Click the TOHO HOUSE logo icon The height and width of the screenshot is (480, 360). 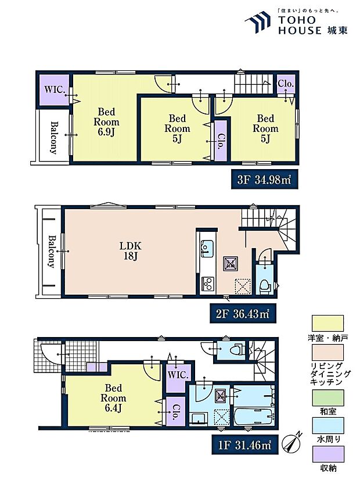(258, 22)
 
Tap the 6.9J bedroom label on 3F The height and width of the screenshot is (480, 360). (106, 122)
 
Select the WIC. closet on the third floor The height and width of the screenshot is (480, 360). (55, 89)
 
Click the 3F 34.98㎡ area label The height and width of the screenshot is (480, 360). (264, 180)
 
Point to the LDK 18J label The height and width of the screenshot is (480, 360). (130, 250)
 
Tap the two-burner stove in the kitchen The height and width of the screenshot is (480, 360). (208, 284)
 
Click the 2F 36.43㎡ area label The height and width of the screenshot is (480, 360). (243, 313)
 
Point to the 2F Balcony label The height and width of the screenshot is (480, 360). (52, 252)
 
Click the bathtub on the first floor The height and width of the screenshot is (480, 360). (254, 416)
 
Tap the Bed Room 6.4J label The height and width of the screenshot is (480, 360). (113, 398)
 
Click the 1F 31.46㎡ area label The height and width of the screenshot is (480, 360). (244, 445)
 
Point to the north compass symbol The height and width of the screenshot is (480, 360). (293, 442)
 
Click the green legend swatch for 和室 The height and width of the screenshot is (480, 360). (327, 398)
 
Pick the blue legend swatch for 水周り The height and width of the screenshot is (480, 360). (327, 426)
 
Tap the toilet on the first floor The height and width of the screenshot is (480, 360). (237, 349)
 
